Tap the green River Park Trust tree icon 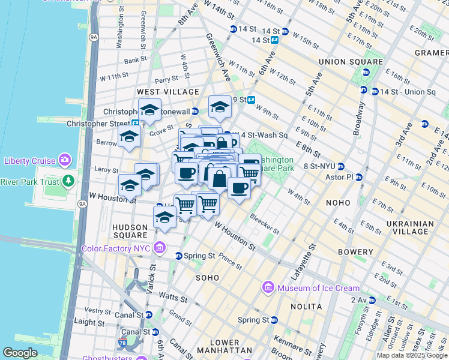coord(70,181)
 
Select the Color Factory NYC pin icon coord(160,247)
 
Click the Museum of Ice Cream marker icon coord(268,289)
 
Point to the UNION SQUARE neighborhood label coord(351,62)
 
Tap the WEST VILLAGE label coord(167,92)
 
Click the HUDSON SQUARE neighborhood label coord(130,232)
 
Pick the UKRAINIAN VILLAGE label coord(411,228)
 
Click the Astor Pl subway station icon coord(359,178)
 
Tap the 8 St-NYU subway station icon coord(340,166)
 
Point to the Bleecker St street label coord(265,223)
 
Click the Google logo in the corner coord(20,353)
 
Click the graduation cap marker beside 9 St coord(220,107)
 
